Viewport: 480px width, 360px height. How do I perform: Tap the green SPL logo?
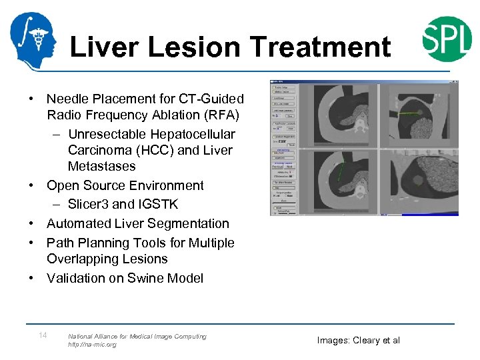(447, 39)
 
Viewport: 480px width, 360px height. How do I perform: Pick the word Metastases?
(101, 166)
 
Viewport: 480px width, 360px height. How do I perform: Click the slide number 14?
(42, 335)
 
